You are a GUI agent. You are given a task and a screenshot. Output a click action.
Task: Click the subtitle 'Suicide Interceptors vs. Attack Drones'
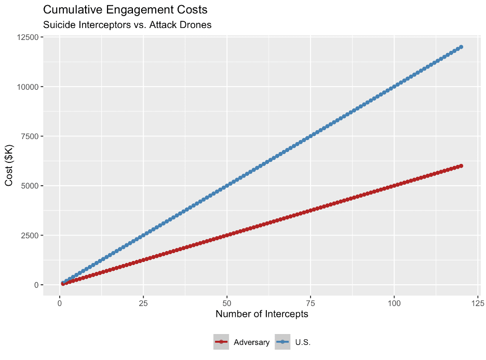pyautogui.click(x=127, y=25)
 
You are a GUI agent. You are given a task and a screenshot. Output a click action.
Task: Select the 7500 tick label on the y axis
pyautogui.click(x=28, y=136)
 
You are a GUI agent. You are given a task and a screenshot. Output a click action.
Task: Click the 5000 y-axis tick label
pyautogui.click(x=28, y=186)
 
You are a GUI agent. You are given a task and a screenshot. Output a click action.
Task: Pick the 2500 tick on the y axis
pyautogui.click(x=28, y=236)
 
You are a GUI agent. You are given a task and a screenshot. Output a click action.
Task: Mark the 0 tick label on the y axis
pyautogui.click(x=36, y=285)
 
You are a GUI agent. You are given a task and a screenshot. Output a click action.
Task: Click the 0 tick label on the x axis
pyautogui.click(x=60, y=302)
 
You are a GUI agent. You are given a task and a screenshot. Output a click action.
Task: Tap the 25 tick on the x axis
pyautogui.click(x=143, y=302)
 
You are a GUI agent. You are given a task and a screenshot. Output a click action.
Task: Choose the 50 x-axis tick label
pyautogui.click(x=227, y=302)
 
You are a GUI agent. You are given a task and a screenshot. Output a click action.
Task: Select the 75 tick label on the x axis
pyautogui.click(x=310, y=302)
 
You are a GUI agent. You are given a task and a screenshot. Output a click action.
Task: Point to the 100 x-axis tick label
pyautogui.click(x=394, y=302)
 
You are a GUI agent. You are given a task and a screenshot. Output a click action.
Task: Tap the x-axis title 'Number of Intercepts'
pyautogui.click(x=262, y=314)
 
